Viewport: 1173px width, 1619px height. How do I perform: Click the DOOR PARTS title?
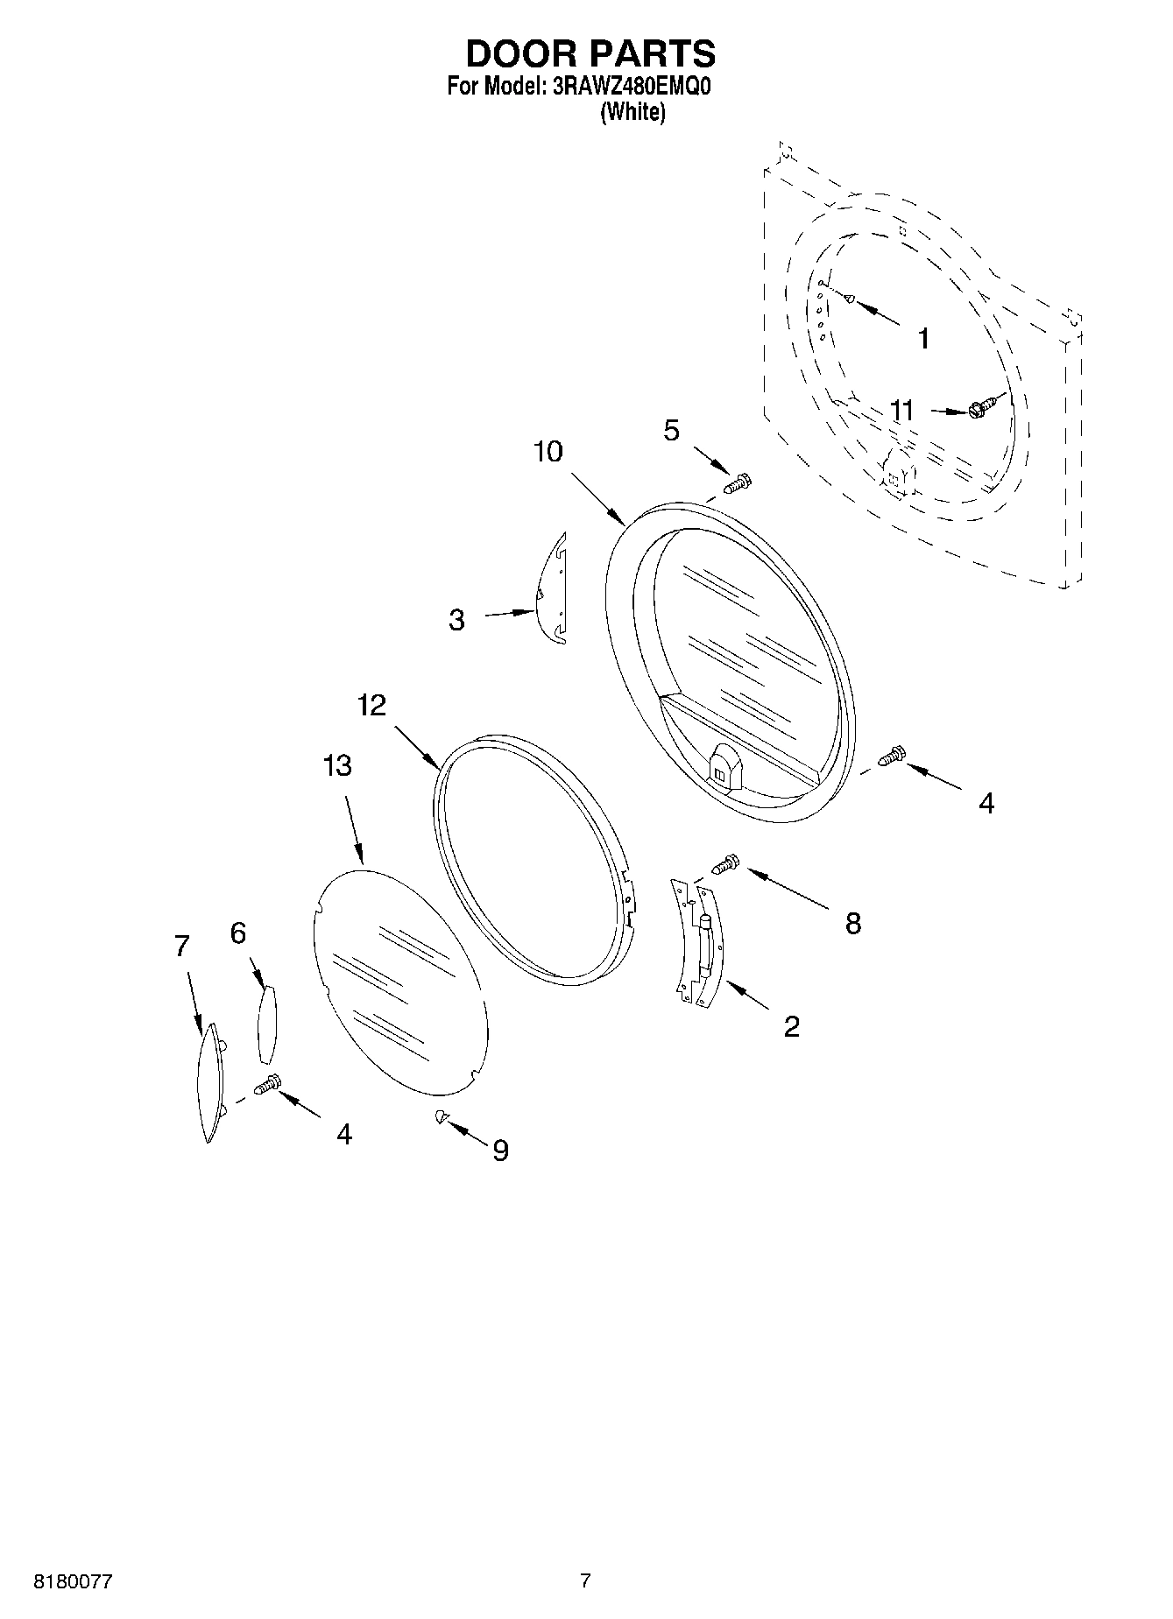point(590,53)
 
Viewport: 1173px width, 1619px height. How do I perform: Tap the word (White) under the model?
point(632,112)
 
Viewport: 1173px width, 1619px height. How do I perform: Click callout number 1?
point(922,338)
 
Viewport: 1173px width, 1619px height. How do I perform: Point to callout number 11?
point(901,410)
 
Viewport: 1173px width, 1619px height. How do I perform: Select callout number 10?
point(548,452)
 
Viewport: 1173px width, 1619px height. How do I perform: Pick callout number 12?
point(371,705)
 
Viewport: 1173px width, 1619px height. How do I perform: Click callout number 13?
point(337,765)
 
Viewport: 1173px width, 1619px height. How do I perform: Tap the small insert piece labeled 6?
point(266,1023)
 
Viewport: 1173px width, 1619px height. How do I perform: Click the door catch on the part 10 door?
point(723,766)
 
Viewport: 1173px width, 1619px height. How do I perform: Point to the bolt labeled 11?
point(983,405)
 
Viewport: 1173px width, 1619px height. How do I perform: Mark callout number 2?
point(791,1026)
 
